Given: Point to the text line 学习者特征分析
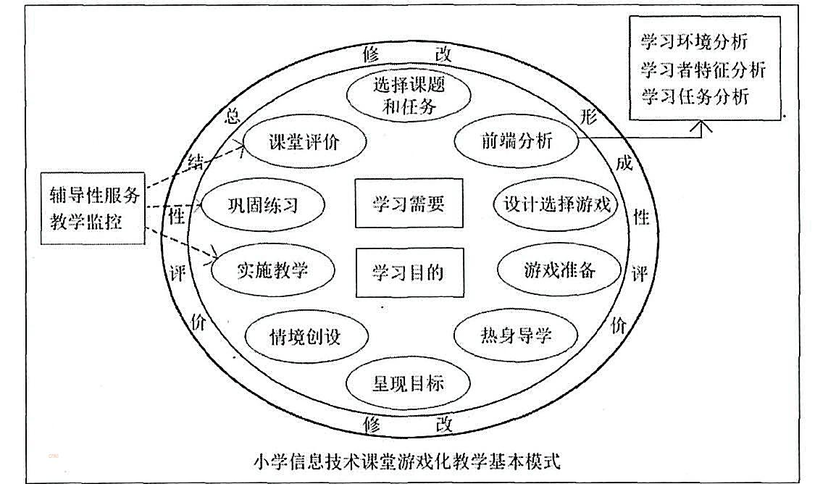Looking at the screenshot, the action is pos(703,70).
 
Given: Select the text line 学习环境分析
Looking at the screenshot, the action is pos(694,41).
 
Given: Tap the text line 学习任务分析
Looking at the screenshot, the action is pos(695,96).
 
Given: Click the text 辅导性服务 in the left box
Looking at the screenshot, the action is pos(95,195).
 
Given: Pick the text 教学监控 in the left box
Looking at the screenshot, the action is pos(85,221).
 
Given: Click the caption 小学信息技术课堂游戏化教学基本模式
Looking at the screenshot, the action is pos(407,461).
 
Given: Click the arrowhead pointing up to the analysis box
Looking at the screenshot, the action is pos(701,127).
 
